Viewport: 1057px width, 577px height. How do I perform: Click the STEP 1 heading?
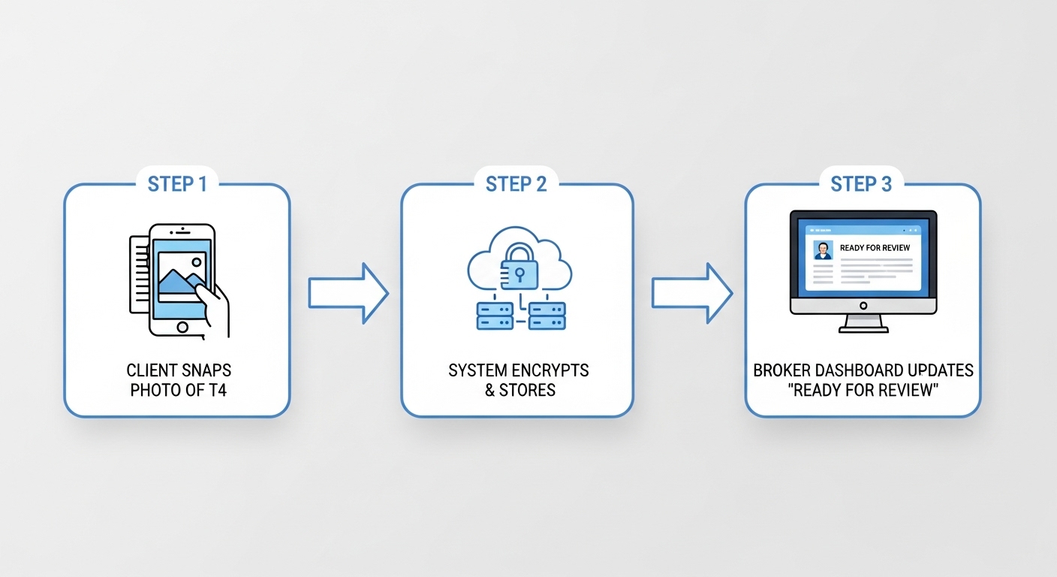[176, 184]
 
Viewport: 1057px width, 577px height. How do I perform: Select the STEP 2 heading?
[516, 184]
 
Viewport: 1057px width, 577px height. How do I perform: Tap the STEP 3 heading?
[861, 184]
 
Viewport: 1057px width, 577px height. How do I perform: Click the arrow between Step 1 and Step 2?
[348, 293]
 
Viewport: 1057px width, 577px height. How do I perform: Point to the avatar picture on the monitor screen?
[824, 250]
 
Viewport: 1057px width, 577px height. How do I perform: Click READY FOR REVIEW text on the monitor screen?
[875, 248]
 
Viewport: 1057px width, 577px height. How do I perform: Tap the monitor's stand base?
[863, 328]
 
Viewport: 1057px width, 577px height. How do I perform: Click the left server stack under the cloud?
[494, 315]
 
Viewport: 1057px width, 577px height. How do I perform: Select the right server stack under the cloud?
[547, 315]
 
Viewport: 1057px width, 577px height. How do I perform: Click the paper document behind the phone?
[138, 274]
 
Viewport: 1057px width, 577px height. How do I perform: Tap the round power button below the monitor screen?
[863, 305]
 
